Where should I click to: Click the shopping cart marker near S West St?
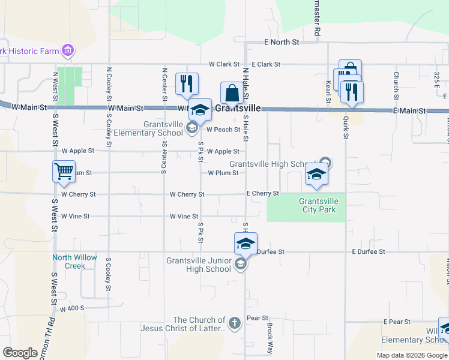[64, 172]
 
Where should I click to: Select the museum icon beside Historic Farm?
[68, 51]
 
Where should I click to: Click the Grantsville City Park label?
[318, 205]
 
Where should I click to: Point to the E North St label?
[282, 42]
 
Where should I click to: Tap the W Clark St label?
[224, 64]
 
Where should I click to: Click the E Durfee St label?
[368, 251]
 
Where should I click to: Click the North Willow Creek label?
[74, 262]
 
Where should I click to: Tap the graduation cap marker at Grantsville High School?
[316, 174]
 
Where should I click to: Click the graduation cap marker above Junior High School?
[246, 244]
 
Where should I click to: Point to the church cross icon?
[234, 324]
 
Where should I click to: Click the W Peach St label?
[223, 130]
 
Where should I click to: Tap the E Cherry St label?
[263, 194]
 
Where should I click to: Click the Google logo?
[20, 352]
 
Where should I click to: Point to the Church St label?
[396, 86]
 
